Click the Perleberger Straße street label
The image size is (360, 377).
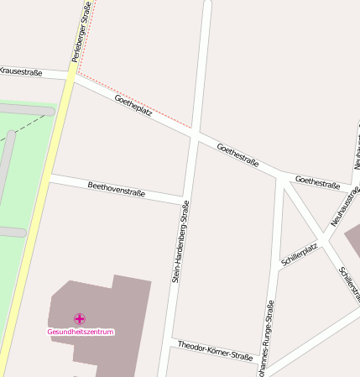(x=80, y=34)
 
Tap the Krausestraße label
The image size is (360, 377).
(x=21, y=72)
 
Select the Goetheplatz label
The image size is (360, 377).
(x=133, y=106)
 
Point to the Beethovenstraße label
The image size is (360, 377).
(x=117, y=188)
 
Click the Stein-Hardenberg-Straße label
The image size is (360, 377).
(x=180, y=240)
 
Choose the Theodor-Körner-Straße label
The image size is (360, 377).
(x=215, y=351)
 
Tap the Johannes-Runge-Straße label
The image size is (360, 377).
(x=268, y=340)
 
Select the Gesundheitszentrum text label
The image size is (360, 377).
(x=80, y=332)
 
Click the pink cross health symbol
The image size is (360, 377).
(x=80, y=318)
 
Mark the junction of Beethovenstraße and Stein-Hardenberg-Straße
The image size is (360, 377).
(x=184, y=200)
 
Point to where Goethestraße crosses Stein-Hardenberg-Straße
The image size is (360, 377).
(x=196, y=134)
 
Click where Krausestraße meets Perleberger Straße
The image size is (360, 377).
(x=70, y=78)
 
